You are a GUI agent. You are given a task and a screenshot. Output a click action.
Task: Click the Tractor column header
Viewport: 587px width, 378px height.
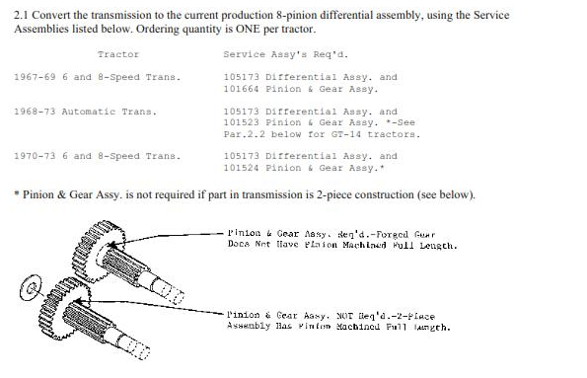(118, 55)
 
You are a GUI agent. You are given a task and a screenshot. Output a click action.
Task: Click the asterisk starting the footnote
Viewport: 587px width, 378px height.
(18, 194)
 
